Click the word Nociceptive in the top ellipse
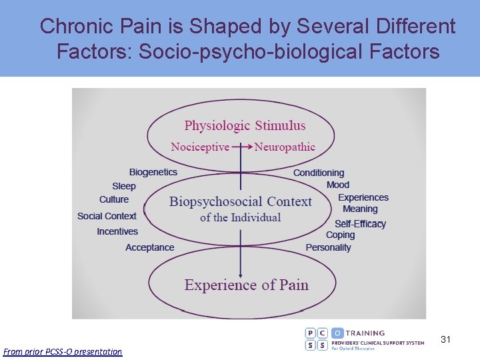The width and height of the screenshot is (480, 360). [200, 147]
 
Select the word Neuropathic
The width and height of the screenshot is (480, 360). [285, 147]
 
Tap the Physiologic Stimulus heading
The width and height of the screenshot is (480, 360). [245, 125]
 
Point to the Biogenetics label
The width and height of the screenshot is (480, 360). [153, 172]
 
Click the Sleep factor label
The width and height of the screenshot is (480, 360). [124, 186]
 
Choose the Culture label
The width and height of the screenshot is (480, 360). [114, 199]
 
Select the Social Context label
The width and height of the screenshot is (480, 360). [107, 216]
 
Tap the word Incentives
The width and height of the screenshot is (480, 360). [117, 231]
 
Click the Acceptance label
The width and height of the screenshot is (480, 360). [150, 247]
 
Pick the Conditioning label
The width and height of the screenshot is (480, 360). [319, 173]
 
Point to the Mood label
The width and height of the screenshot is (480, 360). [338, 185]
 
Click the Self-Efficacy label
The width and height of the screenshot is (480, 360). [360, 224]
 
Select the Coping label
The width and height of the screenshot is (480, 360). [340, 235]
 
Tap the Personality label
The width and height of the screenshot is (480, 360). [328, 247]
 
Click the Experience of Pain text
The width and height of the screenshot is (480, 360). [246, 285]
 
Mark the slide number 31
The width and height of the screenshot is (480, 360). [446, 339]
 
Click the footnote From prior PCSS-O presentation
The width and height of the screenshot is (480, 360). [63, 351]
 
